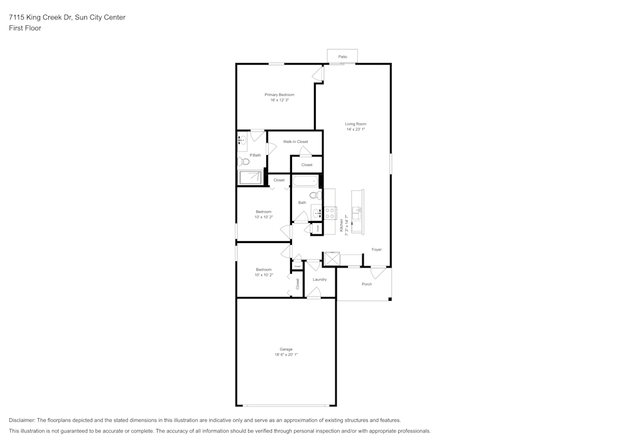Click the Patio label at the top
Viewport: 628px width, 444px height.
pos(342,57)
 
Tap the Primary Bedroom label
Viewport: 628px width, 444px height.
pos(279,94)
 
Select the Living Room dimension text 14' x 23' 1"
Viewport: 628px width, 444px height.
pos(355,129)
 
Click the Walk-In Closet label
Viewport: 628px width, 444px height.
pos(295,142)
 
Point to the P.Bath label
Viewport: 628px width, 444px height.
pos(255,155)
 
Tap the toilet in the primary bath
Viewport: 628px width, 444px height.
pos(244,161)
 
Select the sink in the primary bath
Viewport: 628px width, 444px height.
pos(241,141)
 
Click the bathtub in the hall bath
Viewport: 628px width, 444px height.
pos(305,182)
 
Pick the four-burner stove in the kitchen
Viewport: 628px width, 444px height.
pos(330,213)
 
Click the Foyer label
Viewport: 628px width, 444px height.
pos(376,249)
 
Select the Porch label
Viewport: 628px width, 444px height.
pos(367,284)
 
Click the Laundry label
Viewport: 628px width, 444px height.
pos(319,279)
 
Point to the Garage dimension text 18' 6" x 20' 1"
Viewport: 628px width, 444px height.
pos(286,355)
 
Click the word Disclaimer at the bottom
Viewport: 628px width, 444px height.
pos(23,420)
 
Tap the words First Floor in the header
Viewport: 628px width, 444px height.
pos(25,28)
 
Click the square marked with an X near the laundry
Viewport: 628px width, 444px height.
pos(331,259)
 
